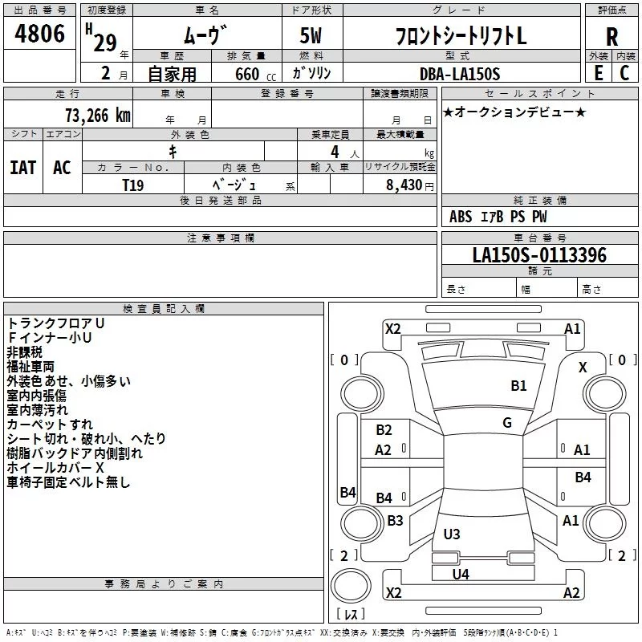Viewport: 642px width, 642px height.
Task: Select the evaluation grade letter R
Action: click(x=612, y=37)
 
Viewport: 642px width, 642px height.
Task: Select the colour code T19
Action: click(x=133, y=184)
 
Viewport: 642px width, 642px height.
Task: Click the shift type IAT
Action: click(x=22, y=167)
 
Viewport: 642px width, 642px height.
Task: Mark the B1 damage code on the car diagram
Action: click(x=519, y=386)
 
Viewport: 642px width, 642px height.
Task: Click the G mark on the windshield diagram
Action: click(x=507, y=423)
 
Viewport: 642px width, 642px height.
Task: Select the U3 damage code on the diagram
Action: click(x=452, y=534)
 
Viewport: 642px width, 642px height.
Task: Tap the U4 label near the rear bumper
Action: click(x=461, y=574)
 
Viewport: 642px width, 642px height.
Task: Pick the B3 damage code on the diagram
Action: click(x=395, y=521)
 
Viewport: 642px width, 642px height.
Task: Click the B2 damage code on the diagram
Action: click(x=384, y=430)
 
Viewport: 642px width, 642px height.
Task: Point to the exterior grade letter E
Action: click(x=598, y=73)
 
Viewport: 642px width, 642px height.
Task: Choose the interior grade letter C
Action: click(x=624, y=73)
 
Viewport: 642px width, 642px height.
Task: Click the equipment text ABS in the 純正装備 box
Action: click(x=461, y=217)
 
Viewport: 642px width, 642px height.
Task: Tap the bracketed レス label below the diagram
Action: click(x=351, y=615)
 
